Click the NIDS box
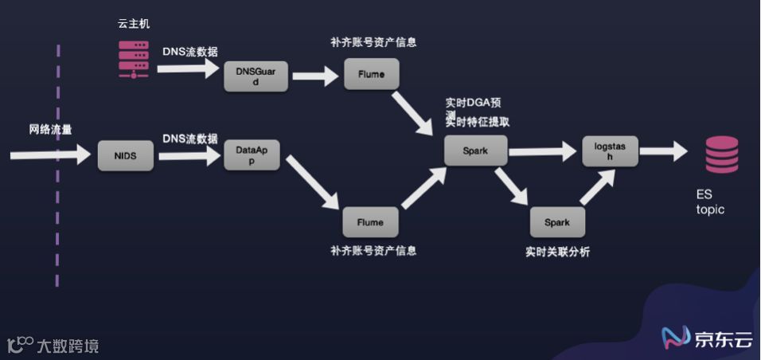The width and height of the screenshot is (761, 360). pyautogui.click(x=125, y=155)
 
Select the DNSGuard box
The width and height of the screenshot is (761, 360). pyautogui.click(x=256, y=76)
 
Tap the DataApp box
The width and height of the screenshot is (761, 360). pyautogui.click(x=252, y=155)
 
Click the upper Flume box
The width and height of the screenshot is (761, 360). pyautogui.click(x=371, y=74)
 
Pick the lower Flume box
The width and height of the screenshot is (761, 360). pyautogui.click(x=370, y=221)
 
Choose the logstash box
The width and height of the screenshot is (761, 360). pyautogui.click(x=611, y=151)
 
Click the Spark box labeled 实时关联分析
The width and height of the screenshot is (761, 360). pyautogui.click(x=557, y=222)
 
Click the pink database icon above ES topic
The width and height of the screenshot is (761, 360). pyautogui.click(x=721, y=155)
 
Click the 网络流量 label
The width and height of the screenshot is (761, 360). pyautogui.click(x=50, y=129)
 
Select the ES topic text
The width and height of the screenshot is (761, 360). pyautogui.click(x=710, y=203)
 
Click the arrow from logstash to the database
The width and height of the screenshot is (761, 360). pyautogui.click(x=662, y=151)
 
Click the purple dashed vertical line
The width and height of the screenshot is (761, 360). pyautogui.click(x=58, y=167)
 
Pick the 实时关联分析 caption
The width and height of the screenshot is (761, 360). pyautogui.click(x=557, y=252)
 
